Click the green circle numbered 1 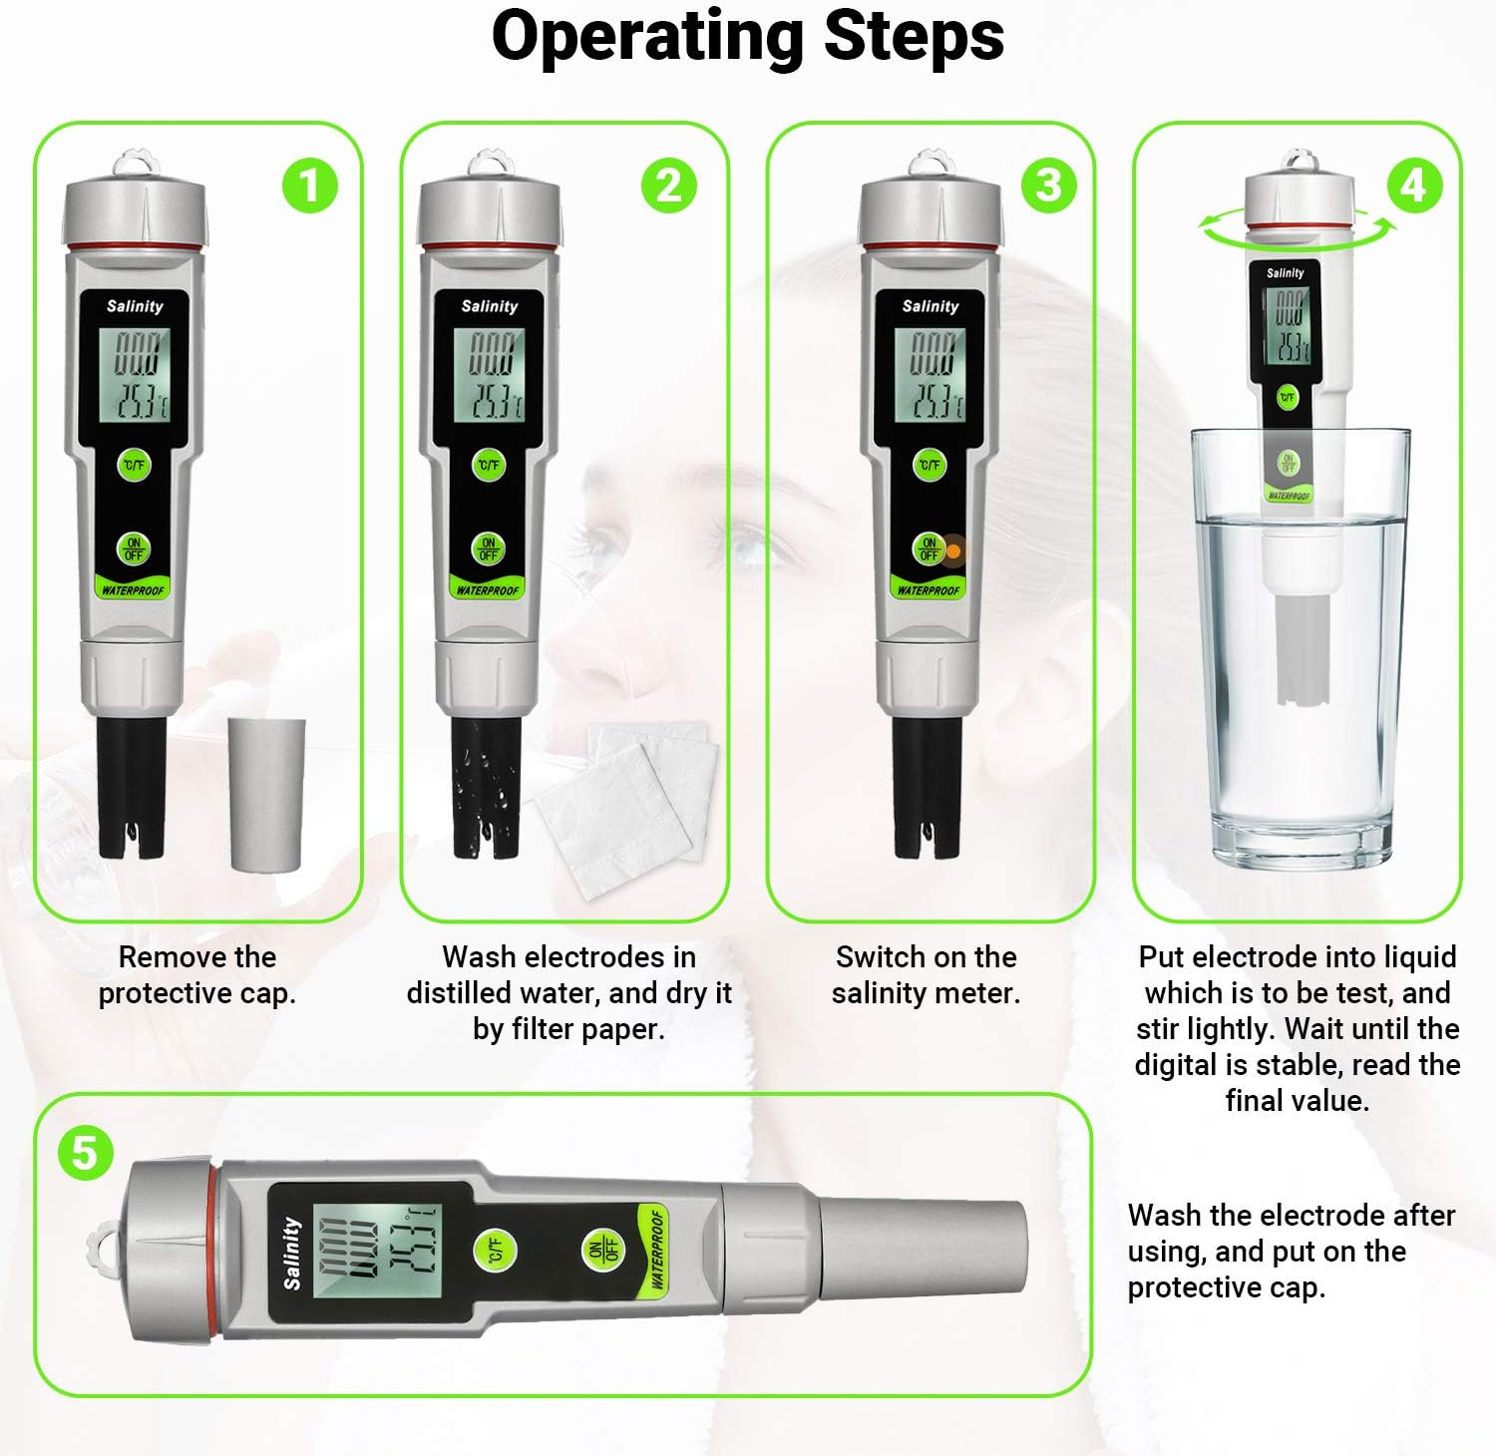point(309,185)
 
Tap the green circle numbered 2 point(668,185)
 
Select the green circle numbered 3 point(1048,185)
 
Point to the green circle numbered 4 point(1414,185)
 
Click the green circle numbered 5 point(85,1154)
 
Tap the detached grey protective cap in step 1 point(266,795)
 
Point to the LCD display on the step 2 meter point(489,375)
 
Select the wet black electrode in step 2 point(486,788)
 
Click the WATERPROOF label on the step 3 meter point(929,590)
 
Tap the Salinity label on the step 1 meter point(135,306)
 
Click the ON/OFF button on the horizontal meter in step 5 point(603,1249)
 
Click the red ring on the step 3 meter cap point(930,245)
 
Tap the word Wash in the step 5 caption point(1164,1216)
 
